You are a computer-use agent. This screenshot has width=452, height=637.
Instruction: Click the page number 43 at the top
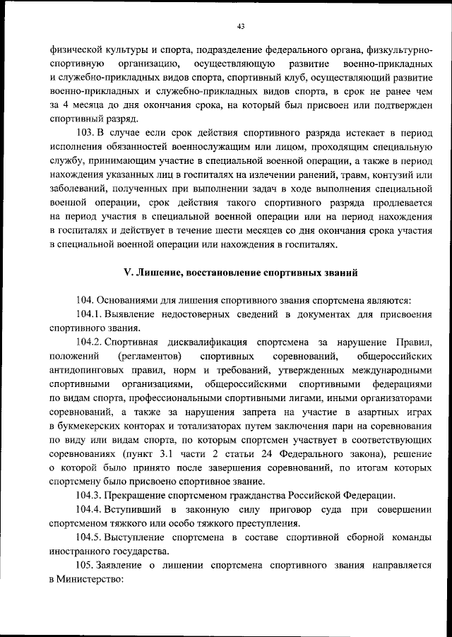[240, 27]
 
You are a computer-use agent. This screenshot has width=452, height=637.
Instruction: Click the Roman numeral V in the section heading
[128, 272]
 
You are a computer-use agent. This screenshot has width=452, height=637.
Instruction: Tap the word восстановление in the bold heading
[216, 272]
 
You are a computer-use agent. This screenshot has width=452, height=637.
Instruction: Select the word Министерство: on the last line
[93, 579]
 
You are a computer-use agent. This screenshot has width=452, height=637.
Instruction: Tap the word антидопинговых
[88, 370]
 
